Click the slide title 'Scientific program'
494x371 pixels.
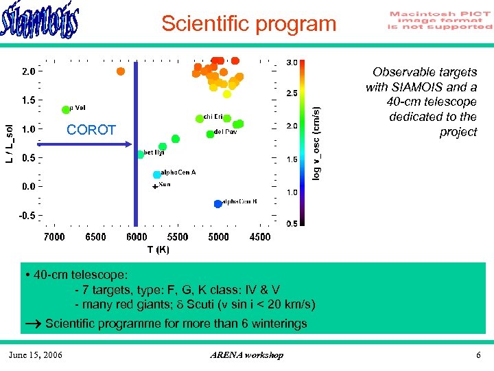pos(249,24)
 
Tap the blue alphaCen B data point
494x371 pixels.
pos(217,203)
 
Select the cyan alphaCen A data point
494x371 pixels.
pos(156,175)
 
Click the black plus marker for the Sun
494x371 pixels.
pos(155,186)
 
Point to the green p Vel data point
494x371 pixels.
pos(66,109)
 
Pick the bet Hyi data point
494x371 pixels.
pos(140,154)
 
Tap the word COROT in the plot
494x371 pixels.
pos(91,130)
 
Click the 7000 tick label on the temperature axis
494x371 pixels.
pos(54,237)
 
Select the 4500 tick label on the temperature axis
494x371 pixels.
pos(259,237)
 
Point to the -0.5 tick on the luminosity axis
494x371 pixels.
pos(27,215)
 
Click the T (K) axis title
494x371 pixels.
pos(158,249)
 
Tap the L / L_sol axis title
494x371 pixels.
pos(8,144)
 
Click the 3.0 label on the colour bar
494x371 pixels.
pos(292,63)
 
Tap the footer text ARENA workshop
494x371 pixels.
pos(246,355)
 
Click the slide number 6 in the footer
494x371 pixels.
pos(478,355)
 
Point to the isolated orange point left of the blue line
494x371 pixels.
pos(121,71)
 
